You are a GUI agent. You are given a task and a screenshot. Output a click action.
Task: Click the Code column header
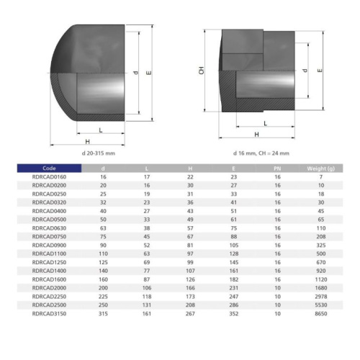click(x=49, y=168)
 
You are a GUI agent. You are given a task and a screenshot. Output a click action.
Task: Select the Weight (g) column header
click(x=320, y=168)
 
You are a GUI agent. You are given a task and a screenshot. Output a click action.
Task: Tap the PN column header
click(x=277, y=168)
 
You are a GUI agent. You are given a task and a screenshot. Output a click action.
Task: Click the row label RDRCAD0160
click(x=49, y=177)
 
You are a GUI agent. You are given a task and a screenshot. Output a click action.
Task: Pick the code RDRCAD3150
click(x=49, y=313)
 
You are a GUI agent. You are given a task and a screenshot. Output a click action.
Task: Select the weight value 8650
click(x=321, y=313)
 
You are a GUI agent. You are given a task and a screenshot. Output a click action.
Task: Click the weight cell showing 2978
click(x=321, y=297)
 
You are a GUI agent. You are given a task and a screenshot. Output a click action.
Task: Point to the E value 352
click(x=234, y=313)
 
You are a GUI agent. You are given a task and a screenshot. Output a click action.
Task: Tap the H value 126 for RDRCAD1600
click(x=190, y=279)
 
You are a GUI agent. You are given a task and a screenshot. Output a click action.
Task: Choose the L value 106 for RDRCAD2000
click(x=147, y=288)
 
